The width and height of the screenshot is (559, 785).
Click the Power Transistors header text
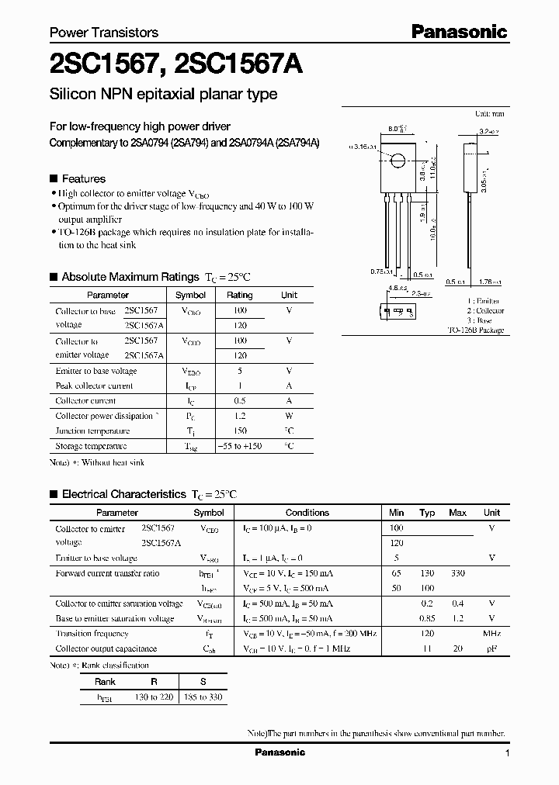point(104,33)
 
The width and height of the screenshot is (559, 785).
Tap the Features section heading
point(83,178)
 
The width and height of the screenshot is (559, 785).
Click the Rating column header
point(239,295)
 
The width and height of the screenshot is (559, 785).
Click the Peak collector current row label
point(94,386)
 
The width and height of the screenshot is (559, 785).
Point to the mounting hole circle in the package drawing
point(398,161)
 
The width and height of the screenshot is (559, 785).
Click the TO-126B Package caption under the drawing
point(475,330)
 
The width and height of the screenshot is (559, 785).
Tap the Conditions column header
point(307,513)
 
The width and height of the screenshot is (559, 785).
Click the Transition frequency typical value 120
point(426,634)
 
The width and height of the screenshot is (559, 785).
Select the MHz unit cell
point(491,634)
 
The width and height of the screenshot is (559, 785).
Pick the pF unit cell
point(491,648)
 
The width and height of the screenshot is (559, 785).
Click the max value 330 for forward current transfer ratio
point(457,573)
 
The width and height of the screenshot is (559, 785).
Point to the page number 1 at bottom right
point(507,753)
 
